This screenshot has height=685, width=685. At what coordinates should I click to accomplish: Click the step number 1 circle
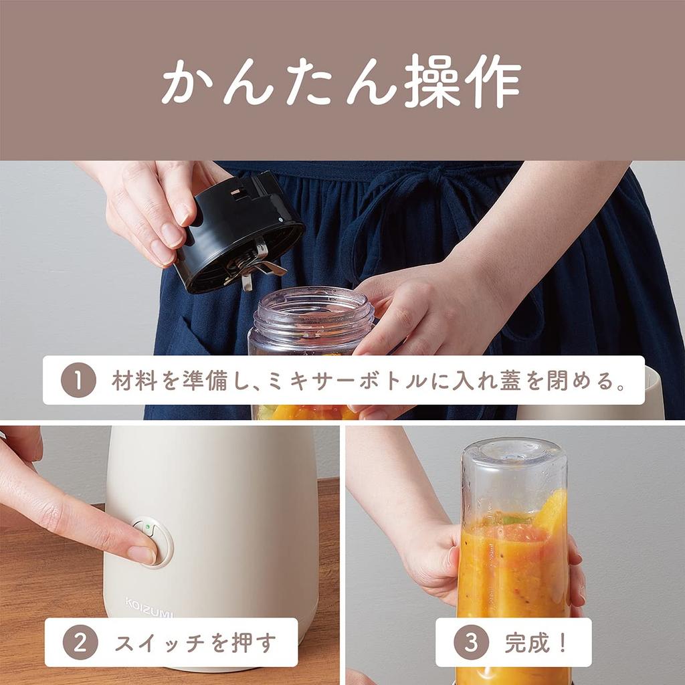click(79, 380)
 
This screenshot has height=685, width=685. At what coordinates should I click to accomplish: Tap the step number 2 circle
click(80, 643)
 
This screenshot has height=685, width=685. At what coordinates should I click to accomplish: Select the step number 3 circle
click(471, 642)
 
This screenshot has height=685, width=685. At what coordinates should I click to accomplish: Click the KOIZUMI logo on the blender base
click(149, 607)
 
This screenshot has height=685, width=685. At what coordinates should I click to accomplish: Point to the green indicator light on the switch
click(148, 527)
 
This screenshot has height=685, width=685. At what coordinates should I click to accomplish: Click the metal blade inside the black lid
click(254, 264)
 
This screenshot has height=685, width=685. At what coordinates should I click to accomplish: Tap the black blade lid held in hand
click(239, 231)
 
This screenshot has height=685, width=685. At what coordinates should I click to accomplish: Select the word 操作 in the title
click(462, 81)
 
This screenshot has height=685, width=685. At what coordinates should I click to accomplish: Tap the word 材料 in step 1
click(134, 381)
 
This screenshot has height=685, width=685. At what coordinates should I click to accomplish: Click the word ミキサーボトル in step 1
click(346, 381)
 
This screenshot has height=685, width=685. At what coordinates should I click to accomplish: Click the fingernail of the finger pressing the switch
click(142, 554)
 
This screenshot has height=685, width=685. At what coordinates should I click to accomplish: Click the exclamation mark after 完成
click(563, 643)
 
